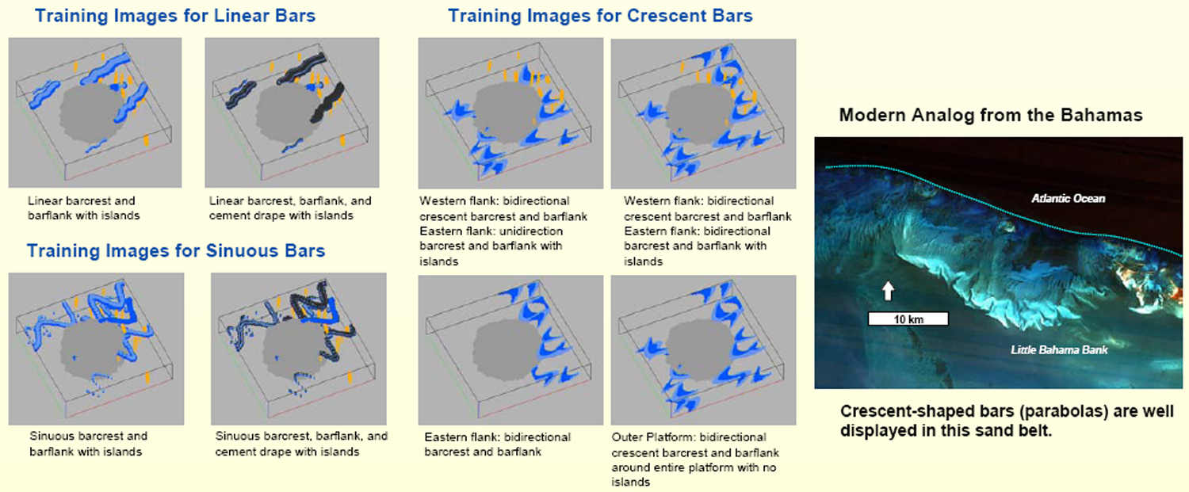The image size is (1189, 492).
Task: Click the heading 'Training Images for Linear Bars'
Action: tap(175, 16)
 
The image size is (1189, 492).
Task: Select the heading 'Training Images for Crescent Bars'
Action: tap(600, 16)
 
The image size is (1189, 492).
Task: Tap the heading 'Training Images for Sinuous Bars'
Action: tap(176, 250)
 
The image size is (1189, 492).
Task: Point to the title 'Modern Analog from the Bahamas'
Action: tap(991, 115)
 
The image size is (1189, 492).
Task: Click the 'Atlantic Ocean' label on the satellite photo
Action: tap(1068, 199)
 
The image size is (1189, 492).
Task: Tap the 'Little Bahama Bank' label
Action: tap(1059, 349)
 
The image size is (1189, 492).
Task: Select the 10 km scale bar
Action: tap(908, 319)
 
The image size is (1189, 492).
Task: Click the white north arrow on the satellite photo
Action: tap(888, 291)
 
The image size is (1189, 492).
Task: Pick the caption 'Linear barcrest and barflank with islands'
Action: tap(84, 208)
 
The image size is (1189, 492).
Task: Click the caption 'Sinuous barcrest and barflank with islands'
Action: tap(88, 444)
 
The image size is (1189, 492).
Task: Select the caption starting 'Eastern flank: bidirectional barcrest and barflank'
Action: tap(497, 444)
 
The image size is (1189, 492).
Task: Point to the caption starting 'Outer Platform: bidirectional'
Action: tap(695, 460)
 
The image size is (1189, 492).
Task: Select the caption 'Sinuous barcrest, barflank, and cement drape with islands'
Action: tap(301, 444)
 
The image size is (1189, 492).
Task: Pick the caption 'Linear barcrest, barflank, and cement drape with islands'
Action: tap(290, 208)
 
